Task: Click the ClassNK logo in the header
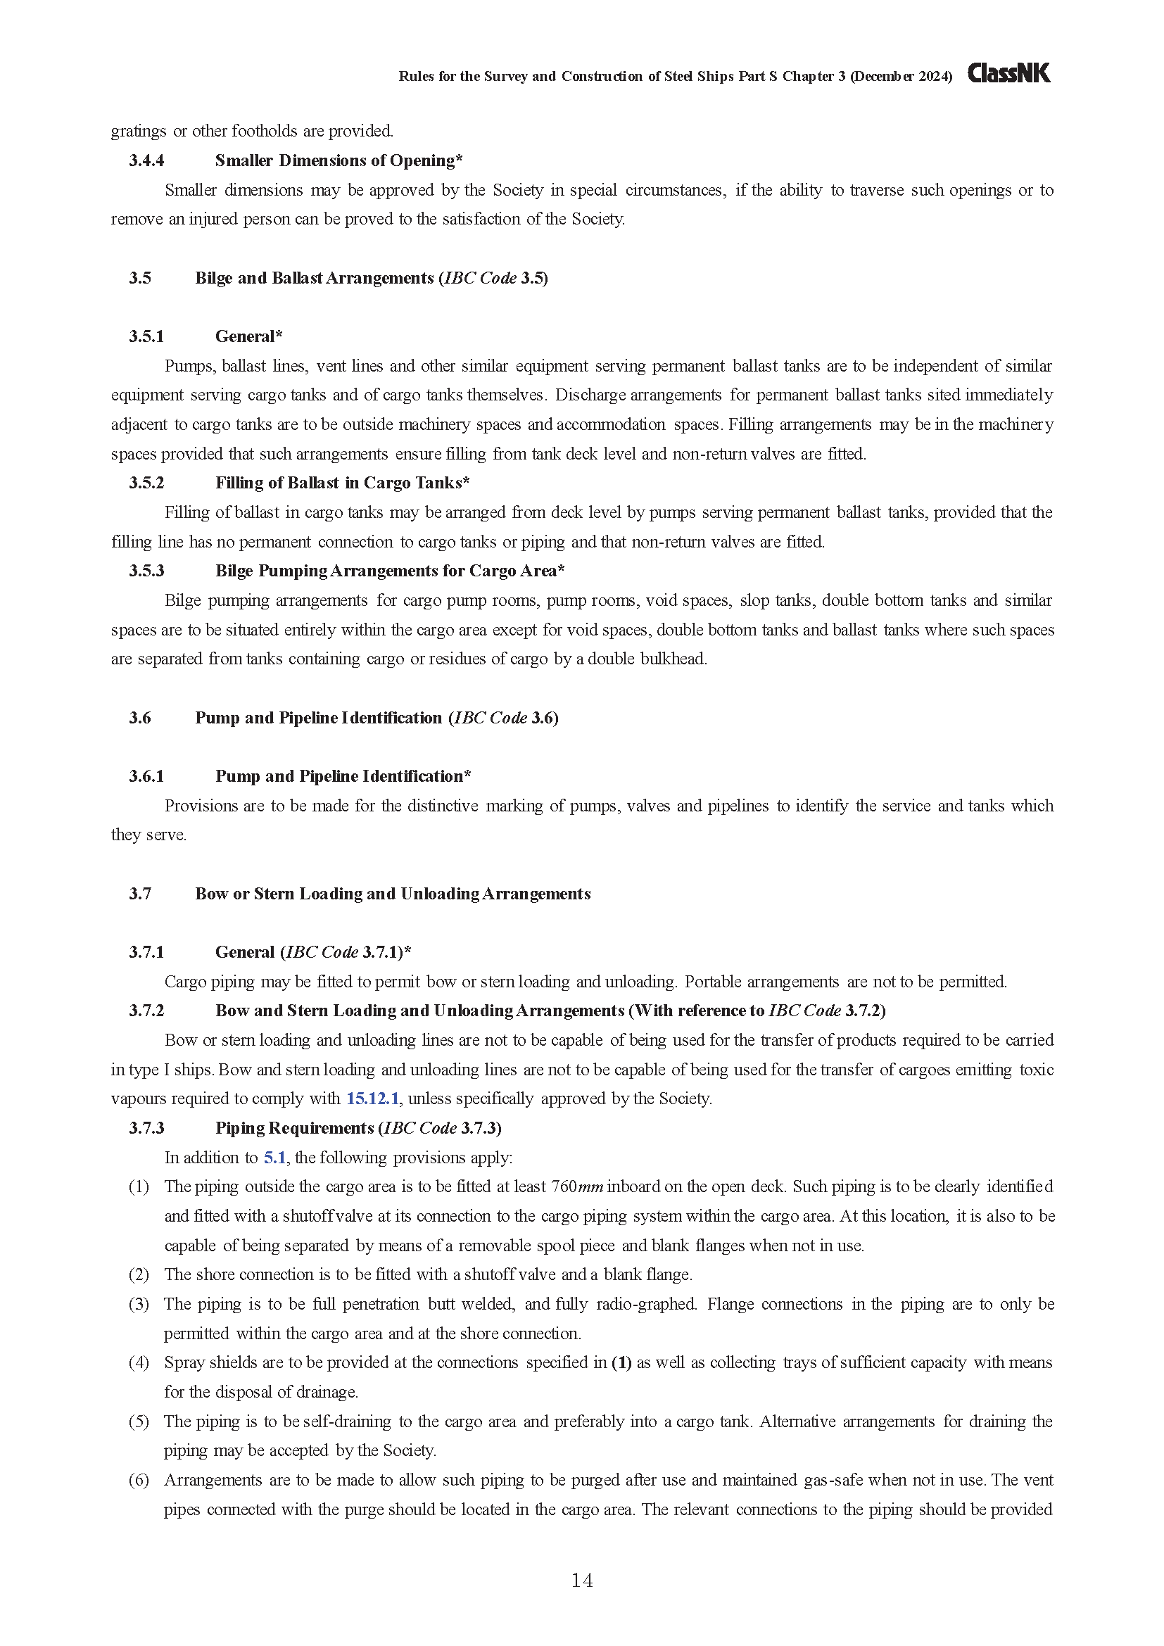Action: [1008, 73]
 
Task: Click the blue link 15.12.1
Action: [372, 1099]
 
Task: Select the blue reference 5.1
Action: [274, 1157]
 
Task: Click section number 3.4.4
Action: [146, 160]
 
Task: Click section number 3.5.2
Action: [146, 483]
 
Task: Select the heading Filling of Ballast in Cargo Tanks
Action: [342, 483]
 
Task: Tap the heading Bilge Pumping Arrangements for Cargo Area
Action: [389, 571]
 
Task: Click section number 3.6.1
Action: [146, 776]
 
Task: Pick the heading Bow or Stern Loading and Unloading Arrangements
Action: [393, 894]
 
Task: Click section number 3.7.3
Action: [146, 1128]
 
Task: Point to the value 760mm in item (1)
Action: [577, 1187]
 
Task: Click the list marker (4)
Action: [139, 1363]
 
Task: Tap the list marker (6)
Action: [139, 1480]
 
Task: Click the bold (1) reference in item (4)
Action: [621, 1363]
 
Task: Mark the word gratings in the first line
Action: [139, 131]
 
